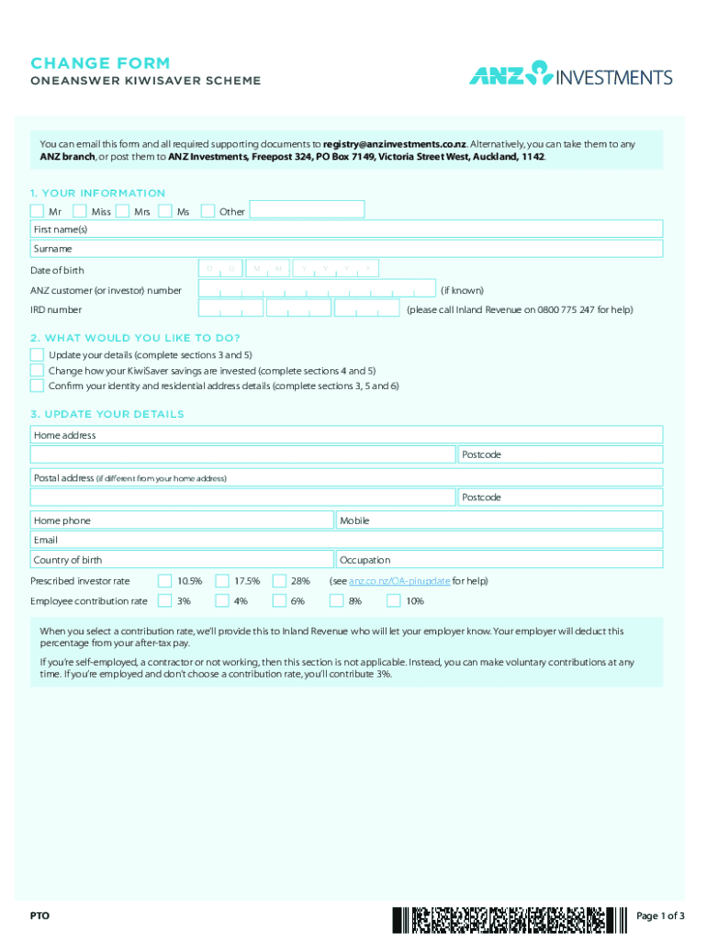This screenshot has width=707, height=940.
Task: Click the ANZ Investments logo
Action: (x=570, y=75)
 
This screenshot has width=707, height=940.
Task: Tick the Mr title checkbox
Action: (x=37, y=211)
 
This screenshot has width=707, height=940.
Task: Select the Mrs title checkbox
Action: (x=123, y=211)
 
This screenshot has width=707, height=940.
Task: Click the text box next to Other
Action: (x=307, y=210)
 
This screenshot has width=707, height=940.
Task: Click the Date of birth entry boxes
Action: (x=289, y=269)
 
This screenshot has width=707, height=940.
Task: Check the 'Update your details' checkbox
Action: (x=37, y=354)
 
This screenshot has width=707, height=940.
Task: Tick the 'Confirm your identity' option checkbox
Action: (x=37, y=386)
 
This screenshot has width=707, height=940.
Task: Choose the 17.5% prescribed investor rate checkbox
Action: (x=222, y=581)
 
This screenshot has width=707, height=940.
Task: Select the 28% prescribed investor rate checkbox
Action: (x=279, y=581)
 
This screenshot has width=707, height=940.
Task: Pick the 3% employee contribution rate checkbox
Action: (x=164, y=601)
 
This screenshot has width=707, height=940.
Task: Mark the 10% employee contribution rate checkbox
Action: (x=393, y=601)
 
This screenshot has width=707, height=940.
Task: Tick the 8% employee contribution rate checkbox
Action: (x=336, y=601)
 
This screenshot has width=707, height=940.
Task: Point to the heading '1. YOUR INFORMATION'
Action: (x=97, y=193)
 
